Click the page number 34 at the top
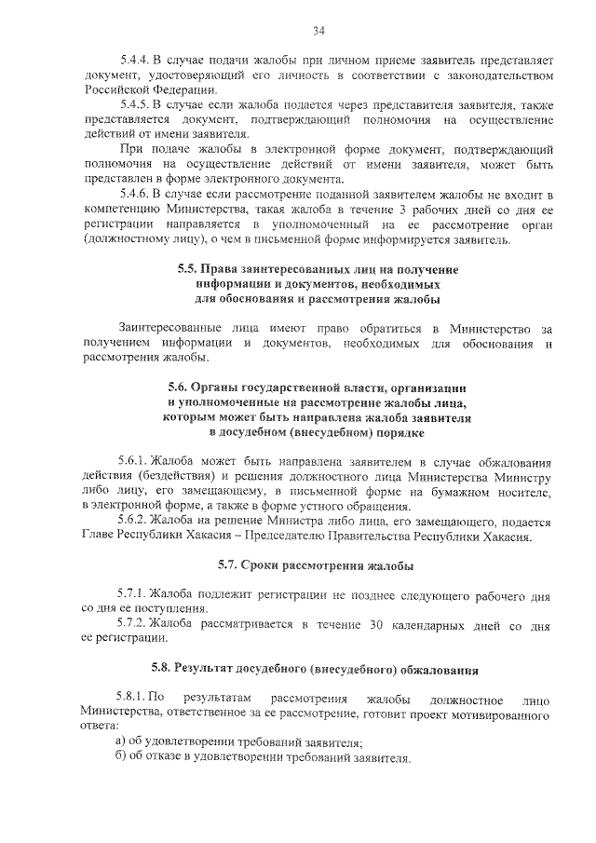[x=318, y=32]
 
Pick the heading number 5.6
[x=180, y=387]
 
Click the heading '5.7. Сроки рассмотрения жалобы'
[x=316, y=565]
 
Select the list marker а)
[x=120, y=741]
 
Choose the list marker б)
[x=120, y=757]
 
